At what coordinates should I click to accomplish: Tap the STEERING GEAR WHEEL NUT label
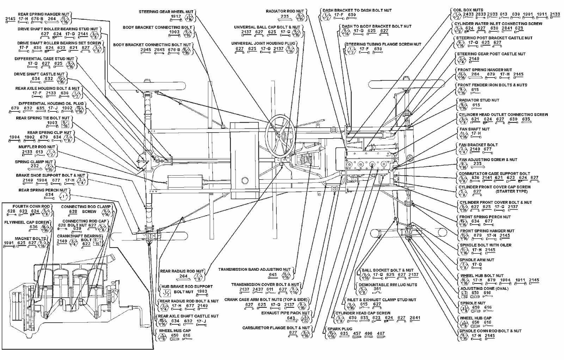(166, 11)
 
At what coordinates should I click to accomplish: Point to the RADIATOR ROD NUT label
(285, 11)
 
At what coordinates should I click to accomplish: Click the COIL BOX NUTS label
(468, 10)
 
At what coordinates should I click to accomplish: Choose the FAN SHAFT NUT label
(474, 129)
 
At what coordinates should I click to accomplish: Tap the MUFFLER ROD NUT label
(37, 147)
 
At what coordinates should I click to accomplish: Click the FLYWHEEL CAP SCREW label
(27, 222)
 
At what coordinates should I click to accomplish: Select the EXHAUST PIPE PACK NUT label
(285, 313)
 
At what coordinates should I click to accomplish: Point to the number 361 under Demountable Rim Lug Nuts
(377, 289)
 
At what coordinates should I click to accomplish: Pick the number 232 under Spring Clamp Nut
(35, 166)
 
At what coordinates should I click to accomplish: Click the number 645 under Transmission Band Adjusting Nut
(272, 275)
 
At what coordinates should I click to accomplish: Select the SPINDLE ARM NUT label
(477, 260)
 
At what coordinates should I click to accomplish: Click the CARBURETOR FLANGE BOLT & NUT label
(276, 328)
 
